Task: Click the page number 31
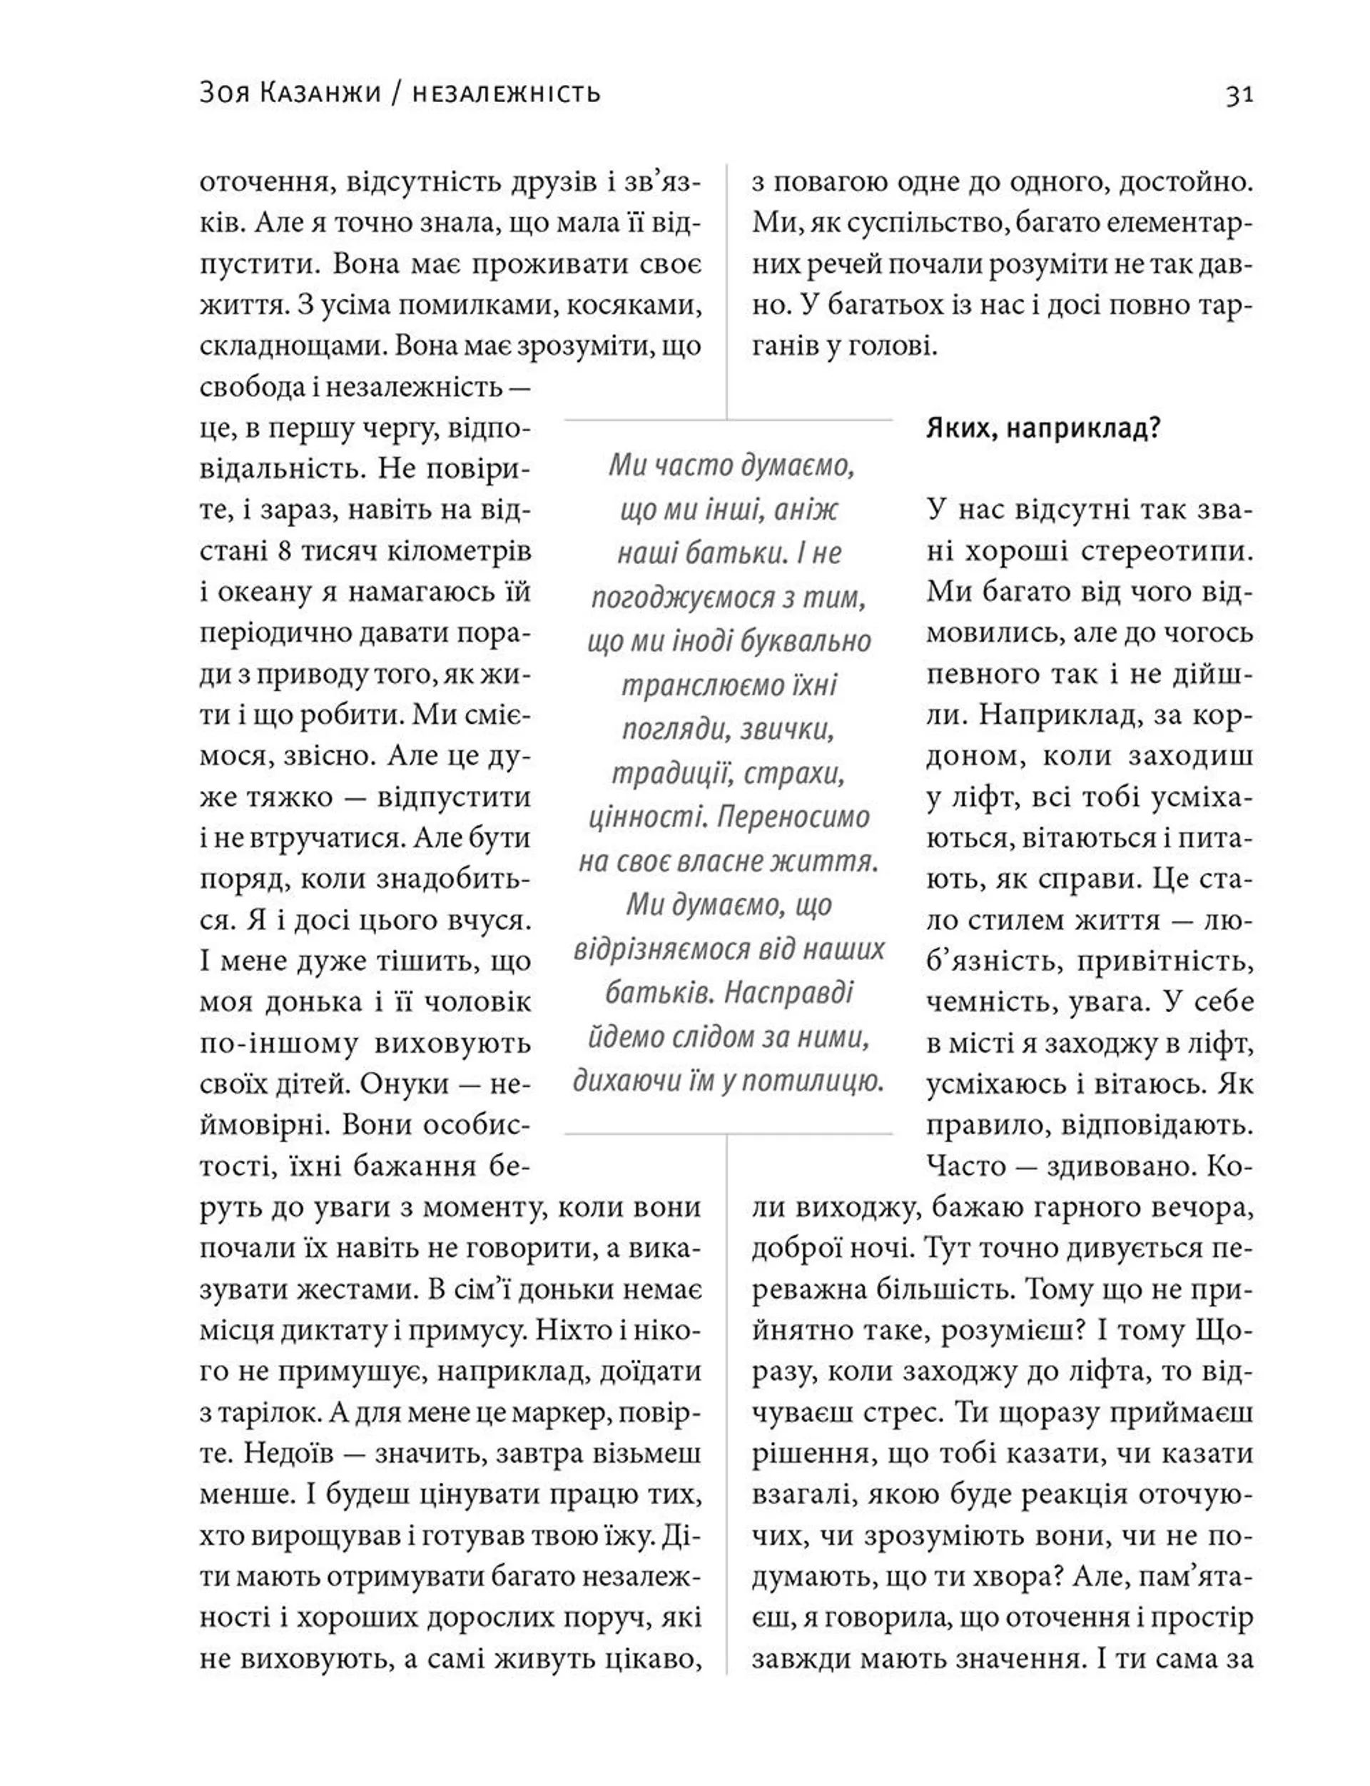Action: [1239, 96]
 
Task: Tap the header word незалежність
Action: [507, 94]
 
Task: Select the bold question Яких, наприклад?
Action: [1042, 428]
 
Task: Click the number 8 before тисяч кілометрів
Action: [284, 551]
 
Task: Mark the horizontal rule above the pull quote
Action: [729, 420]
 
